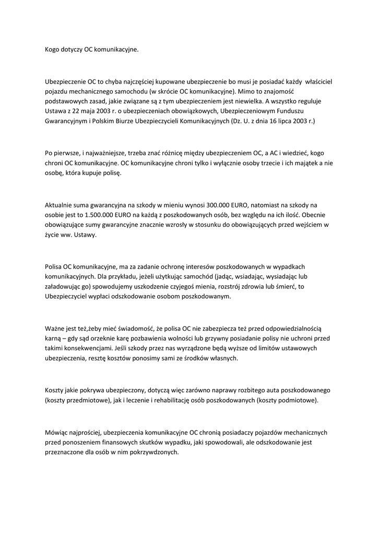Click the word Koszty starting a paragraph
(x=56, y=390)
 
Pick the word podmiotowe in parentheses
(x=292, y=400)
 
